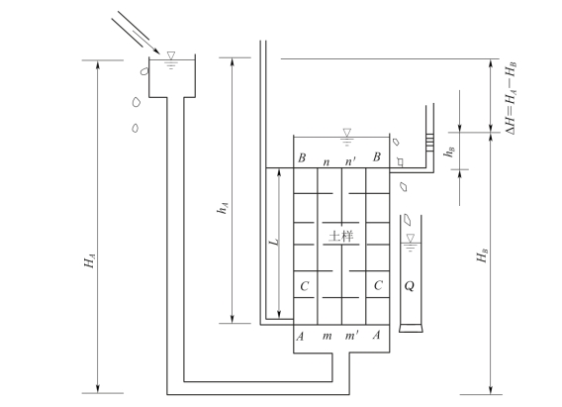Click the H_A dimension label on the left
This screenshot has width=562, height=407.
point(90,260)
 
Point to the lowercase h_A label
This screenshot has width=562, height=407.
point(223,208)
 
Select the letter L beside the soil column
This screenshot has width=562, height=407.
point(274,242)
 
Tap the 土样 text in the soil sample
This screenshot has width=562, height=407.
point(341,237)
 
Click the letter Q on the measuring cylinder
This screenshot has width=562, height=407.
point(410,286)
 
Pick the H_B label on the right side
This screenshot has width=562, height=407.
point(483,254)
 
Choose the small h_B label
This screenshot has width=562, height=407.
point(449,152)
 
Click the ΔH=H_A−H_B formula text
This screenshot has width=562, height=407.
point(511,98)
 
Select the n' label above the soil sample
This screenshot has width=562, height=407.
point(350,161)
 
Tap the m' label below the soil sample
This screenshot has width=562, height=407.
point(351,336)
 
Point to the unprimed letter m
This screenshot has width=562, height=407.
point(327,337)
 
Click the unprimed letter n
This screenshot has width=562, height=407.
point(327,162)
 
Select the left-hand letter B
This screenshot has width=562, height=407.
point(302,157)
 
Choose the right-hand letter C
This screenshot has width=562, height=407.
point(378,285)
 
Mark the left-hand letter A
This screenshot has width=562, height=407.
point(301,337)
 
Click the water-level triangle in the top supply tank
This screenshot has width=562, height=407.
point(171,55)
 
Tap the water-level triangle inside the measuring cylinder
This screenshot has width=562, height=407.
point(411,238)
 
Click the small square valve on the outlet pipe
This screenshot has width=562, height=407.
point(400,162)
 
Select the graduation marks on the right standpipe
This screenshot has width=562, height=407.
point(430,142)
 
